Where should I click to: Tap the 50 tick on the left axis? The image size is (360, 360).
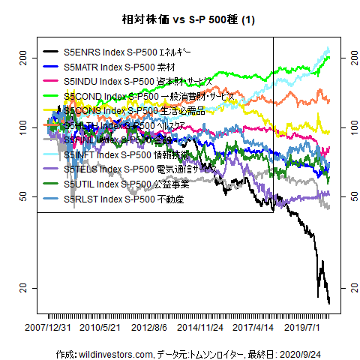click(x=24, y=196)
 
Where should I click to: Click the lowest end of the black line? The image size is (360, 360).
click(x=329, y=303)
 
